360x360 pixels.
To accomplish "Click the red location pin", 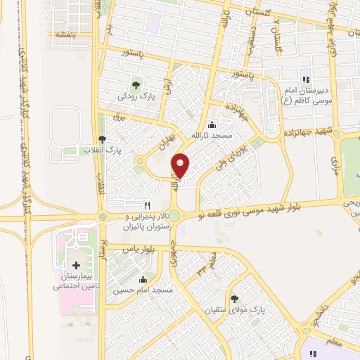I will click(181, 165).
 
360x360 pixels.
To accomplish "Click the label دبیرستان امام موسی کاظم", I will click(305, 95).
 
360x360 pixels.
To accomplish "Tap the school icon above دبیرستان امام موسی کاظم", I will click(305, 79).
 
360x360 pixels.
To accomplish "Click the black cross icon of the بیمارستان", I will click(76, 266).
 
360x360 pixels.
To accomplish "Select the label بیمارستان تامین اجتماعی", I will click(76, 282).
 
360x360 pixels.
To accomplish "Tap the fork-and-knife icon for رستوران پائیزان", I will click(146, 186).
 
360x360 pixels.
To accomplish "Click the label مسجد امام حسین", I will click(143, 290).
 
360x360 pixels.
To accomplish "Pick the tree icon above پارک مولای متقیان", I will click(244, 299).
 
